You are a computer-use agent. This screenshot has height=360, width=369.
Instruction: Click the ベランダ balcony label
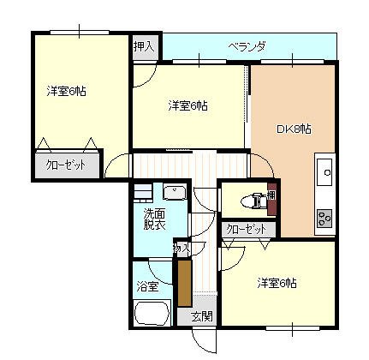point(247,46)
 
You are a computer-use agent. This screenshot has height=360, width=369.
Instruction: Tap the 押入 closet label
point(144,46)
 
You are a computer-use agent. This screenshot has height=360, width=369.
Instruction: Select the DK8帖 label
point(294,129)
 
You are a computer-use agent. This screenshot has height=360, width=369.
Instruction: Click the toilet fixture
point(254,201)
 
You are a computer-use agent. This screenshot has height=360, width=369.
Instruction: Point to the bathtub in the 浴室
point(152,313)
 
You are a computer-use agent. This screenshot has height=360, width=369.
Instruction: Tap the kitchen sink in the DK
point(325,172)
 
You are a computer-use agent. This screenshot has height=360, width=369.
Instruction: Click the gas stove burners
point(324,219)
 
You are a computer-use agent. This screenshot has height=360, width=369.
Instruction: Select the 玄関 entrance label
point(202,316)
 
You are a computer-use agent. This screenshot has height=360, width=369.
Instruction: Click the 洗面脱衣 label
point(154,219)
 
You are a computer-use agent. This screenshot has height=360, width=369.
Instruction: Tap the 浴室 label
point(147,286)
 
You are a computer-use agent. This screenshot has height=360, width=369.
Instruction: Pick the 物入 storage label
point(182,248)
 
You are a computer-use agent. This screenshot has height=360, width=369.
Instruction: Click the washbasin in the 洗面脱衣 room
point(175,191)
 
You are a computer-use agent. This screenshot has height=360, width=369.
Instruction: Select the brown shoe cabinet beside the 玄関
point(185,283)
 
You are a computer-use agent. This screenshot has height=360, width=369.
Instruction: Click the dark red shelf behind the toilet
point(272,199)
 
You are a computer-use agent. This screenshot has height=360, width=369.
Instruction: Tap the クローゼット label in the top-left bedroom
point(66,165)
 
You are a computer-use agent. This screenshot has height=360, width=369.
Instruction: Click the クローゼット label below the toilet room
point(247,229)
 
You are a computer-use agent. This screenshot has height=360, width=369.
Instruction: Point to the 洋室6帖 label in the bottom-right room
point(277,283)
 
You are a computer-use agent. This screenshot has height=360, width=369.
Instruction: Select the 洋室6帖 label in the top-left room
point(66,92)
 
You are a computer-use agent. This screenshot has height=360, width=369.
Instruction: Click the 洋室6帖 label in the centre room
point(187,106)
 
